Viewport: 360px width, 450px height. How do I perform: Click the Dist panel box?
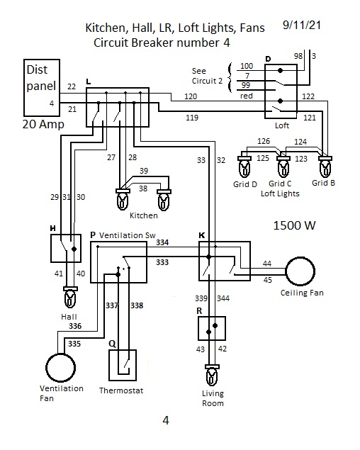pos(42,60)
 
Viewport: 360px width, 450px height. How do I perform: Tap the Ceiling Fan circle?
pos(300,258)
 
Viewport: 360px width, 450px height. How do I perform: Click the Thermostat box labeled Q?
pos(123,350)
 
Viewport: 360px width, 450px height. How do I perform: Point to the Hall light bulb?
pos(70,297)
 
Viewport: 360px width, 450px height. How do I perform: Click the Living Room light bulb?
pos(212,376)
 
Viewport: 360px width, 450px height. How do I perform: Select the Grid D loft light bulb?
pos(244,167)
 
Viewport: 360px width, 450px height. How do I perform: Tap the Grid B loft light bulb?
pos(325,167)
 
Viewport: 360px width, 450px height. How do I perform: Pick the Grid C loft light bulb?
pos(283,167)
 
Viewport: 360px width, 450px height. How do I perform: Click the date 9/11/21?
pos(302,25)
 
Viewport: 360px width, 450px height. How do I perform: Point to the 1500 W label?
pos(294,225)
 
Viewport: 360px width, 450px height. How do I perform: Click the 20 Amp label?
pos(43,125)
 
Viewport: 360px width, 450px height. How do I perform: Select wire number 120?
pos(191,96)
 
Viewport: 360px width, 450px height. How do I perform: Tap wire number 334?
pos(162,242)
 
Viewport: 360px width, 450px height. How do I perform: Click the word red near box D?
pos(247,96)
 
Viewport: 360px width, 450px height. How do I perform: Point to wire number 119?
pos(192,118)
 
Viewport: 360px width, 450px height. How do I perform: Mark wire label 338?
pos(137,305)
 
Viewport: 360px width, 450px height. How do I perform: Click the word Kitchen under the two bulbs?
pos(144,215)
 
